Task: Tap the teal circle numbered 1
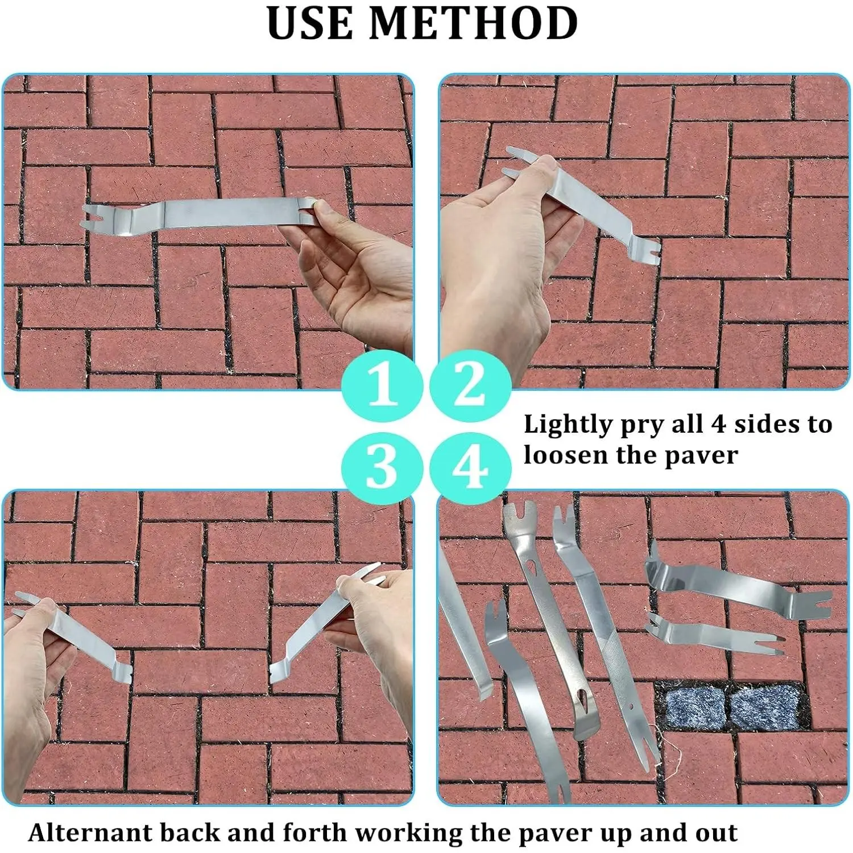[382, 384]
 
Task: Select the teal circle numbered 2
[470, 384]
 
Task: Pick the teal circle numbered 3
[382, 467]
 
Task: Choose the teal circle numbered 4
[470, 467]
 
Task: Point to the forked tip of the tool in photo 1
[91, 217]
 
